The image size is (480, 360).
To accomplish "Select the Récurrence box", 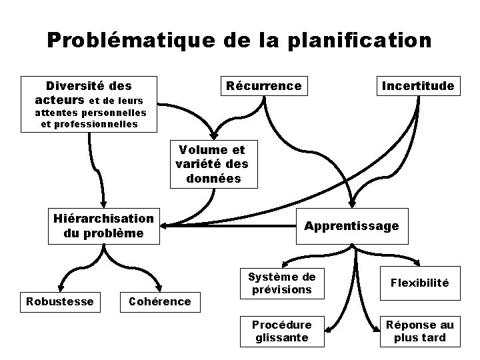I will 264,86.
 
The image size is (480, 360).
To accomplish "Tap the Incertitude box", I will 417,86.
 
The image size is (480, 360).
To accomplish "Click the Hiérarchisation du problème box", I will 103,225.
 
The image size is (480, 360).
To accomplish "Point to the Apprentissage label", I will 351,226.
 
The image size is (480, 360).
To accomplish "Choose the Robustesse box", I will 59,301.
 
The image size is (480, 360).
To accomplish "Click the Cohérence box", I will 159,301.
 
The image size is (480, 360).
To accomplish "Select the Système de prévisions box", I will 281,283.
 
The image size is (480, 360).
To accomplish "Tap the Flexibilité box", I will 420,283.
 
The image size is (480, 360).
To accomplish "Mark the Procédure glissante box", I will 281,331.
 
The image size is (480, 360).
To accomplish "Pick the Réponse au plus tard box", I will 420,331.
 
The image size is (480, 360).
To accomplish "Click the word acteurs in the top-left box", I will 61,99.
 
